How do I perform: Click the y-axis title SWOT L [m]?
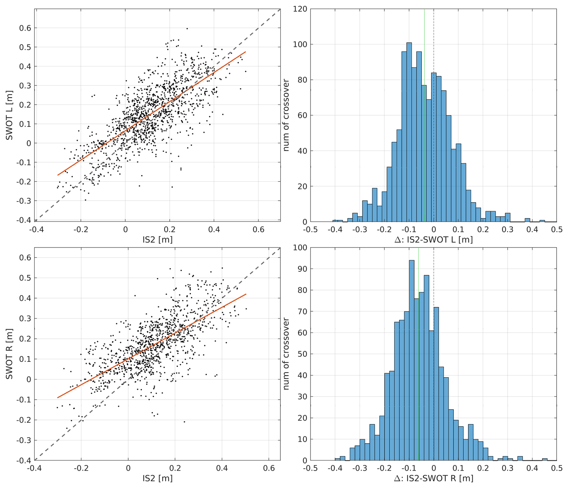[x=10, y=115]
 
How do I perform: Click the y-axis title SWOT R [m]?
[x=10, y=354]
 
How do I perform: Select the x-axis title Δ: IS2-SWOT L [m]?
[x=433, y=239]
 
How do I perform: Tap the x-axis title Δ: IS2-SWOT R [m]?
[x=433, y=478]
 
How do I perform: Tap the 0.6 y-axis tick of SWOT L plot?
[x=25, y=28]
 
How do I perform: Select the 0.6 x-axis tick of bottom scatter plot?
[x=269, y=468]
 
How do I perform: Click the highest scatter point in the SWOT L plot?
[x=187, y=29]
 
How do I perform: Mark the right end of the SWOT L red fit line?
[x=246, y=52]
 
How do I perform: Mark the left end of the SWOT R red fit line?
[x=57, y=398]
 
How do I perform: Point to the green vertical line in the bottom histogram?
[x=418, y=300]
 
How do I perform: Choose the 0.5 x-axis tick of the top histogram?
[x=556, y=230]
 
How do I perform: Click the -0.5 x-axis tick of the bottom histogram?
[x=310, y=468]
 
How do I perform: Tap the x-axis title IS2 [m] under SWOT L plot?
[x=158, y=239]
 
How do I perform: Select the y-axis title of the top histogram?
[x=286, y=115]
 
